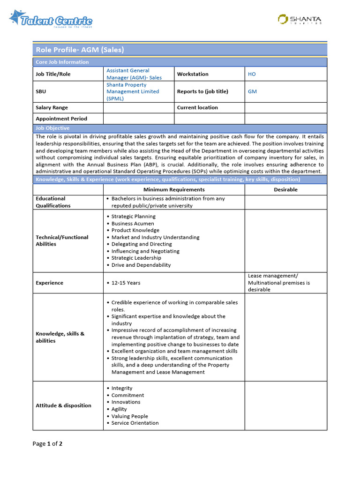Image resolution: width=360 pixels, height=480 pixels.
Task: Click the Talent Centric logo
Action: pyautogui.click(x=51, y=19)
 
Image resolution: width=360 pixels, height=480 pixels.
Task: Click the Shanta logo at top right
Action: pyautogui.click(x=300, y=19)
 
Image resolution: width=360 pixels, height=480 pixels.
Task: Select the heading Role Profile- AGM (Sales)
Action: pyautogui.click(x=80, y=50)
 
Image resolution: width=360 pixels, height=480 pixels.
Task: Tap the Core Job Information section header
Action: pyautogui.click(x=62, y=62)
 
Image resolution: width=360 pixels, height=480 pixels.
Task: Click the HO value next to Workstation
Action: pyautogui.click(x=252, y=74)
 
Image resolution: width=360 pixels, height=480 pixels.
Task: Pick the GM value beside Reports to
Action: pyautogui.click(x=252, y=92)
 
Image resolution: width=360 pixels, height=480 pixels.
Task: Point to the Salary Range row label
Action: pyautogui.click(x=52, y=108)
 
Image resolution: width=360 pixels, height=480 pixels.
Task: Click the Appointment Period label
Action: pyautogui.click(x=61, y=119)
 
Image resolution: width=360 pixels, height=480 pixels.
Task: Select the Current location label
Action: pyautogui.click(x=197, y=108)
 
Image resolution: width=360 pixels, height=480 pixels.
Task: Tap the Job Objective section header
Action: pyautogui.click(x=52, y=128)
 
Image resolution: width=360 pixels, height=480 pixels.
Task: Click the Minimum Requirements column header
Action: pyautogui.click(x=174, y=190)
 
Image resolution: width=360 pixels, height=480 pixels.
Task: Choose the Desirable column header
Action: pyautogui.click(x=285, y=190)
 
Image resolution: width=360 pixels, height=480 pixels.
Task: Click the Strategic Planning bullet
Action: pyautogui.click(x=134, y=217)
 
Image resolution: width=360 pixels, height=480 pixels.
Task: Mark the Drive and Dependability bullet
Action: pyautogui.click(x=141, y=265)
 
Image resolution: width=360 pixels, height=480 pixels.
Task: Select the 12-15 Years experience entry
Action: pyautogui.click(x=126, y=283)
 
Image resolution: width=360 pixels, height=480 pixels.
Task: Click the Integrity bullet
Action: pyautogui.click(x=122, y=388)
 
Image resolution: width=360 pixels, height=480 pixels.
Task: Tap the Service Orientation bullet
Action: pyautogui.click(x=135, y=423)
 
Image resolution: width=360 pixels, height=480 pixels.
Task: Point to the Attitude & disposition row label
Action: pyautogui.click(x=64, y=405)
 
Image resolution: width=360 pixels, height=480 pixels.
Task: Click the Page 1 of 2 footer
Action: pyautogui.click(x=47, y=443)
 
